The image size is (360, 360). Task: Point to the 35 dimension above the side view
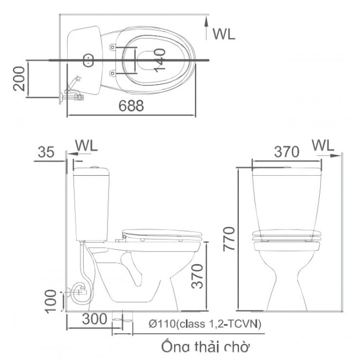tap(46, 152)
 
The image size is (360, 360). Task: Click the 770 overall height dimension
tap(230, 238)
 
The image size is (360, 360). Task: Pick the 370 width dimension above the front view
tap(287, 152)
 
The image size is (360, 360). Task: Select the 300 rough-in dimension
tap(93, 320)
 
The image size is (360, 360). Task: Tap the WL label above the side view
tap(87, 145)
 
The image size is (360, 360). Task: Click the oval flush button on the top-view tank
tap(89, 60)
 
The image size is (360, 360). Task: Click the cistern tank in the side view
tap(93, 204)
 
